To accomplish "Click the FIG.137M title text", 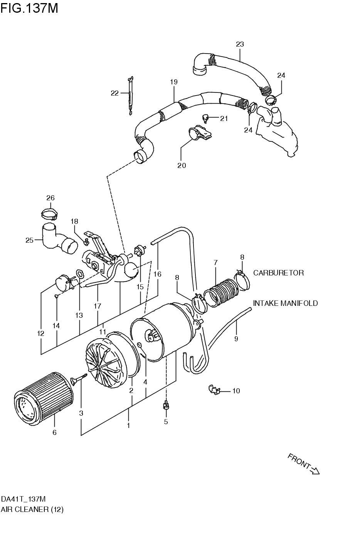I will tap(29, 8).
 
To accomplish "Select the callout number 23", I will tap(240, 44).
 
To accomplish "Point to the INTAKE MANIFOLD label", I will tap(285, 303).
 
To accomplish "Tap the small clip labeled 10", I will tap(213, 390).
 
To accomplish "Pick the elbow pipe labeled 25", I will tap(54, 239).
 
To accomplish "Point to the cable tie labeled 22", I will tap(130, 94).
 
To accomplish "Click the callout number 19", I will tap(173, 82).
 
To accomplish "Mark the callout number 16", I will tap(157, 274).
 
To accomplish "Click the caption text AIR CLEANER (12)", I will tap(32, 509).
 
